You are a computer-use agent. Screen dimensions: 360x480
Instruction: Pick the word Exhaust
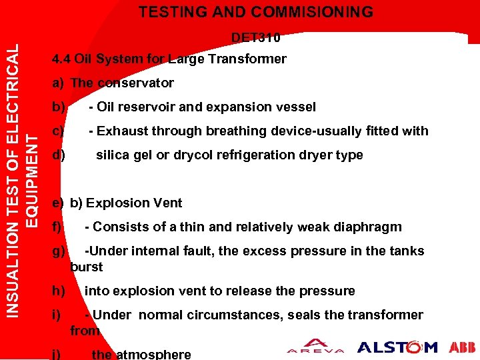[122, 131]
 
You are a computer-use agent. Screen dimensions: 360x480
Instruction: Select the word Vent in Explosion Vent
[167, 203]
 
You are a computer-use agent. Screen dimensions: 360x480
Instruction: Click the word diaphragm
[370, 227]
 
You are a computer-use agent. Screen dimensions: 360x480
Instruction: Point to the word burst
[87, 267]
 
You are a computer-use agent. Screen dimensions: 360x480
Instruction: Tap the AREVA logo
[315, 347]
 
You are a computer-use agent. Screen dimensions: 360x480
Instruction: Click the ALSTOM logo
[397, 347]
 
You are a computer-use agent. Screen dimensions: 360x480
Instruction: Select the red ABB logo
[461, 347]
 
